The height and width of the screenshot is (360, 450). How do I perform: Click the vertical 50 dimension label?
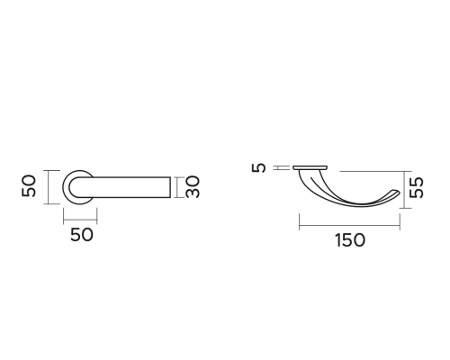[29, 186]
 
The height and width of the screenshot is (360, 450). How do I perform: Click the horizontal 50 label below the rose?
[82, 235]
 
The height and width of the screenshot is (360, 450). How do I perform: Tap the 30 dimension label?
[193, 187]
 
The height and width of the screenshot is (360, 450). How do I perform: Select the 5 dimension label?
[258, 167]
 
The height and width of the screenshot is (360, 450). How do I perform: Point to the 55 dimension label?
[417, 188]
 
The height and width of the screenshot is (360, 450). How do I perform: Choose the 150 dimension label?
[350, 240]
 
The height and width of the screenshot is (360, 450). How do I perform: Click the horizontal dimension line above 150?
[349, 225]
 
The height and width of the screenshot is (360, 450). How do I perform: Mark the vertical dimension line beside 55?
[404, 190]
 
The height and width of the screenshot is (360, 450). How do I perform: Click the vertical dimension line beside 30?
[177, 187]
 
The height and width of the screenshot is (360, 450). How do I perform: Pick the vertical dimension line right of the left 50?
[48, 187]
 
